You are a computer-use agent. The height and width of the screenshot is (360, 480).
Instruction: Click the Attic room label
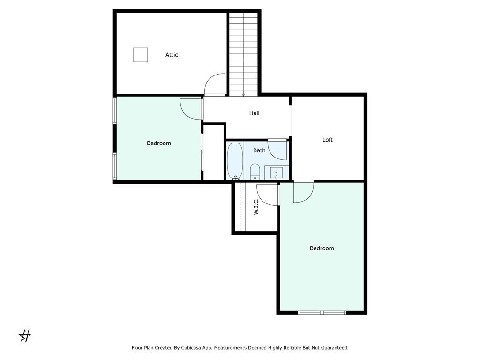click(x=172, y=55)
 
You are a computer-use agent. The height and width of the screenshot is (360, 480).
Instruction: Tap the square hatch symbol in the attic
click(x=141, y=55)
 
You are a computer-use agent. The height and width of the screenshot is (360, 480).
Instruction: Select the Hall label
click(x=254, y=113)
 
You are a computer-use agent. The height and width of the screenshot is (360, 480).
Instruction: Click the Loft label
click(x=328, y=140)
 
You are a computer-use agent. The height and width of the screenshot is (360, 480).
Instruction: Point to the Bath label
click(x=259, y=150)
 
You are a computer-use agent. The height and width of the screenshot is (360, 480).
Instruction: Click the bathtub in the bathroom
click(x=235, y=161)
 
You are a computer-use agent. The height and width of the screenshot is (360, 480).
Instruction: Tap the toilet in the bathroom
click(x=255, y=172)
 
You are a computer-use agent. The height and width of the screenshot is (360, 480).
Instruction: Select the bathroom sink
click(x=277, y=173)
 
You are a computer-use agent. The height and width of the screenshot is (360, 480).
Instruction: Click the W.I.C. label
click(x=256, y=206)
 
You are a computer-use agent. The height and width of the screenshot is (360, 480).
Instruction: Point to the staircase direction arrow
click(x=243, y=95)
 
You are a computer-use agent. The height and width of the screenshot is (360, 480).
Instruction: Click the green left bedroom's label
click(x=159, y=143)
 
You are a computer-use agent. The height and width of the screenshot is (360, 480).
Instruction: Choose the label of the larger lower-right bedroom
click(x=322, y=248)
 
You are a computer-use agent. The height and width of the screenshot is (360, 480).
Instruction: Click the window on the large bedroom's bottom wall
click(x=322, y=313)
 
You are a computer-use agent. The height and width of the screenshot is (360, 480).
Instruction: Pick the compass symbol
click(x=25, y=336)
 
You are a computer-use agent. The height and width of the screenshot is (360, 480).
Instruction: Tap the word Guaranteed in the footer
click(x=336, y=348)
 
